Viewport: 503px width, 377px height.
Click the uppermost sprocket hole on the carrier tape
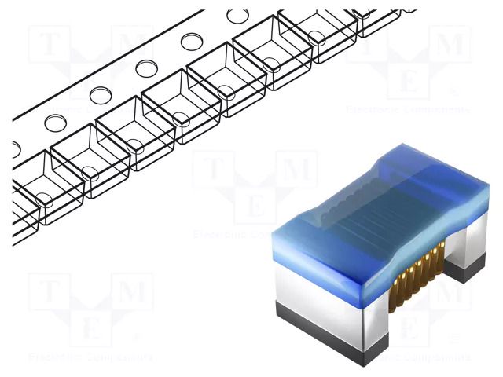235,16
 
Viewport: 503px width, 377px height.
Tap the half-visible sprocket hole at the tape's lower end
15,147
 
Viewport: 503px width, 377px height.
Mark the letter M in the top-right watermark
451,44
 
